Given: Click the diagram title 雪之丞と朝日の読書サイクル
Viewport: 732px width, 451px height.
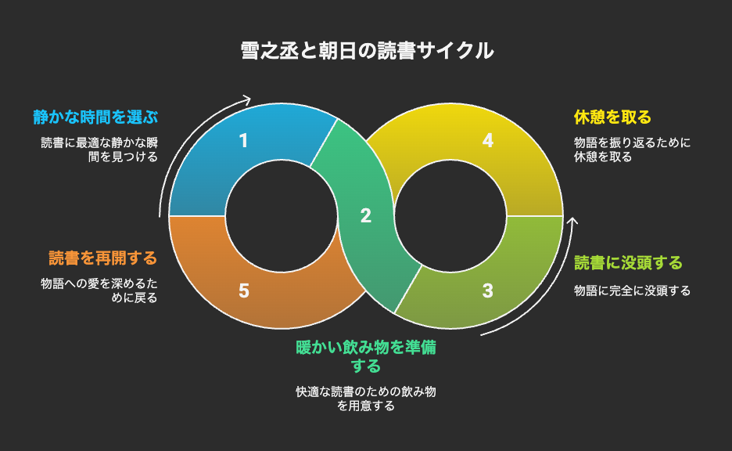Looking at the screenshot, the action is [367, 50].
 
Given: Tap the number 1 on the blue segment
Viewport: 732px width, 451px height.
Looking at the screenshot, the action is [243, 141].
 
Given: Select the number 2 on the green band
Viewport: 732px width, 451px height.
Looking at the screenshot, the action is [366, 215].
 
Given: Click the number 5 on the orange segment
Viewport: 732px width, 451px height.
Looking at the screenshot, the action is [244, 290].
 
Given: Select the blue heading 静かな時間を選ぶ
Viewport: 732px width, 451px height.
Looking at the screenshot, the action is [95, 117].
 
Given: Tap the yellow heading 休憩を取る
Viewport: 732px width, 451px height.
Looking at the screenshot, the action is [612, 117].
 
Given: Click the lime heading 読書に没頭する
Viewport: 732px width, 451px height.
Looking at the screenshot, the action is [628, 262].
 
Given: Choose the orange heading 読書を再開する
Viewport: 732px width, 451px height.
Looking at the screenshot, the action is [103, 258].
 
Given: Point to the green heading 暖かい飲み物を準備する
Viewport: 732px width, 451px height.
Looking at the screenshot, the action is [366, 356].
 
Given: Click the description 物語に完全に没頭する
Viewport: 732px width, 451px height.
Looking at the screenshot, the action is [632, 290].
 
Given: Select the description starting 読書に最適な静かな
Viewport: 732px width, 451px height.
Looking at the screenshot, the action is [99, 150].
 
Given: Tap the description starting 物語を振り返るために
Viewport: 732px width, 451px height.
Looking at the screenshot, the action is [632, 150].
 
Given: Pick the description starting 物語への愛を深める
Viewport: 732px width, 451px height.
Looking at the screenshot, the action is [99, 290].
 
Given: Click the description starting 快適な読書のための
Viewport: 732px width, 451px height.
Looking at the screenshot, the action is [366, 399].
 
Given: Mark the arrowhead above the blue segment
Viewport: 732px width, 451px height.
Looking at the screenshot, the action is [246, 99].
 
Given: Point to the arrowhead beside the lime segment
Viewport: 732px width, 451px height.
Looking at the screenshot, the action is [572, 222].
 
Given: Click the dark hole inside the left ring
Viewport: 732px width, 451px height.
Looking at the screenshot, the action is [282, 216].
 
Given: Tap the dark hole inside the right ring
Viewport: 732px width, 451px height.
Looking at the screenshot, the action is [450, 216].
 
